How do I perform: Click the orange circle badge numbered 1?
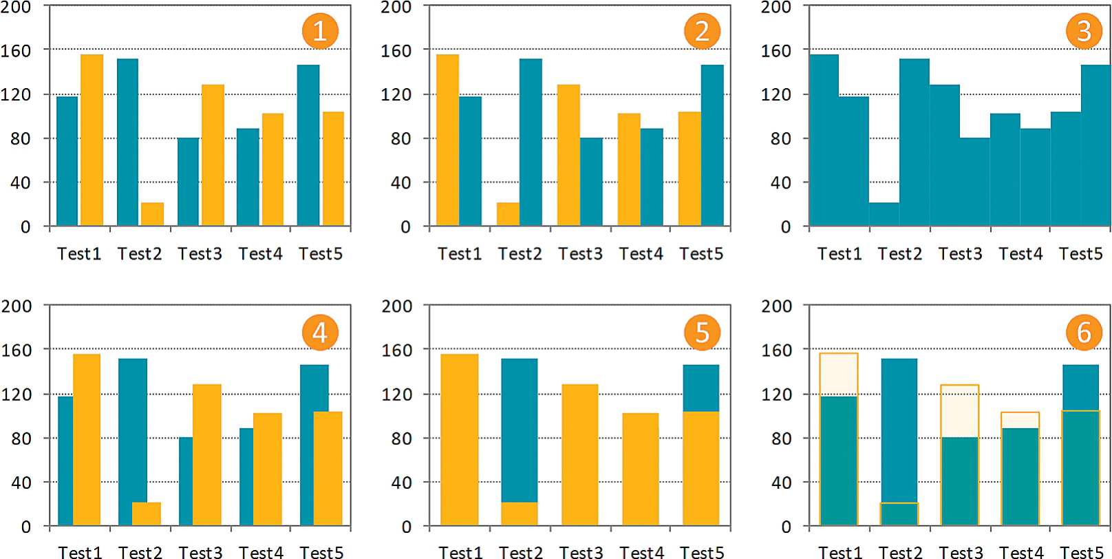[320, 31]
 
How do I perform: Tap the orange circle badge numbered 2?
[702, 31]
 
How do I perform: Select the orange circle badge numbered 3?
[1084, 31]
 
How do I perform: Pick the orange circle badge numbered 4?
[320, 333]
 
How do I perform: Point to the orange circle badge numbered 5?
[702, 333]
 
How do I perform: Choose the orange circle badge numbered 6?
[1084, 333]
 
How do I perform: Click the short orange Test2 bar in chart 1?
[152, 214]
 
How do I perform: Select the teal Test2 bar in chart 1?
[127, 143]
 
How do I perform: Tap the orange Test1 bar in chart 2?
[448, 140]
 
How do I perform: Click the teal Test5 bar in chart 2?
[712, 145]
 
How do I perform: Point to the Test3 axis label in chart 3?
[960, 254]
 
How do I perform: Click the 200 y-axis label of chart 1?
[16, 8]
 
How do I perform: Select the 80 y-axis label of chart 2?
[401, 138]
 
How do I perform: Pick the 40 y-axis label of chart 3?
[781, 183]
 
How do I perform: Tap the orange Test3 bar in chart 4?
[207, 454]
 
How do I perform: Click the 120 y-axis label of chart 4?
[16, 394]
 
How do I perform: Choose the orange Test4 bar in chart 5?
[641, 469]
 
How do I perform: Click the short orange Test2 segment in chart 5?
[520, 514]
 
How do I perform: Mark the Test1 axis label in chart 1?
[79, 254]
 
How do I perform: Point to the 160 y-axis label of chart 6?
[776, 350]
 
